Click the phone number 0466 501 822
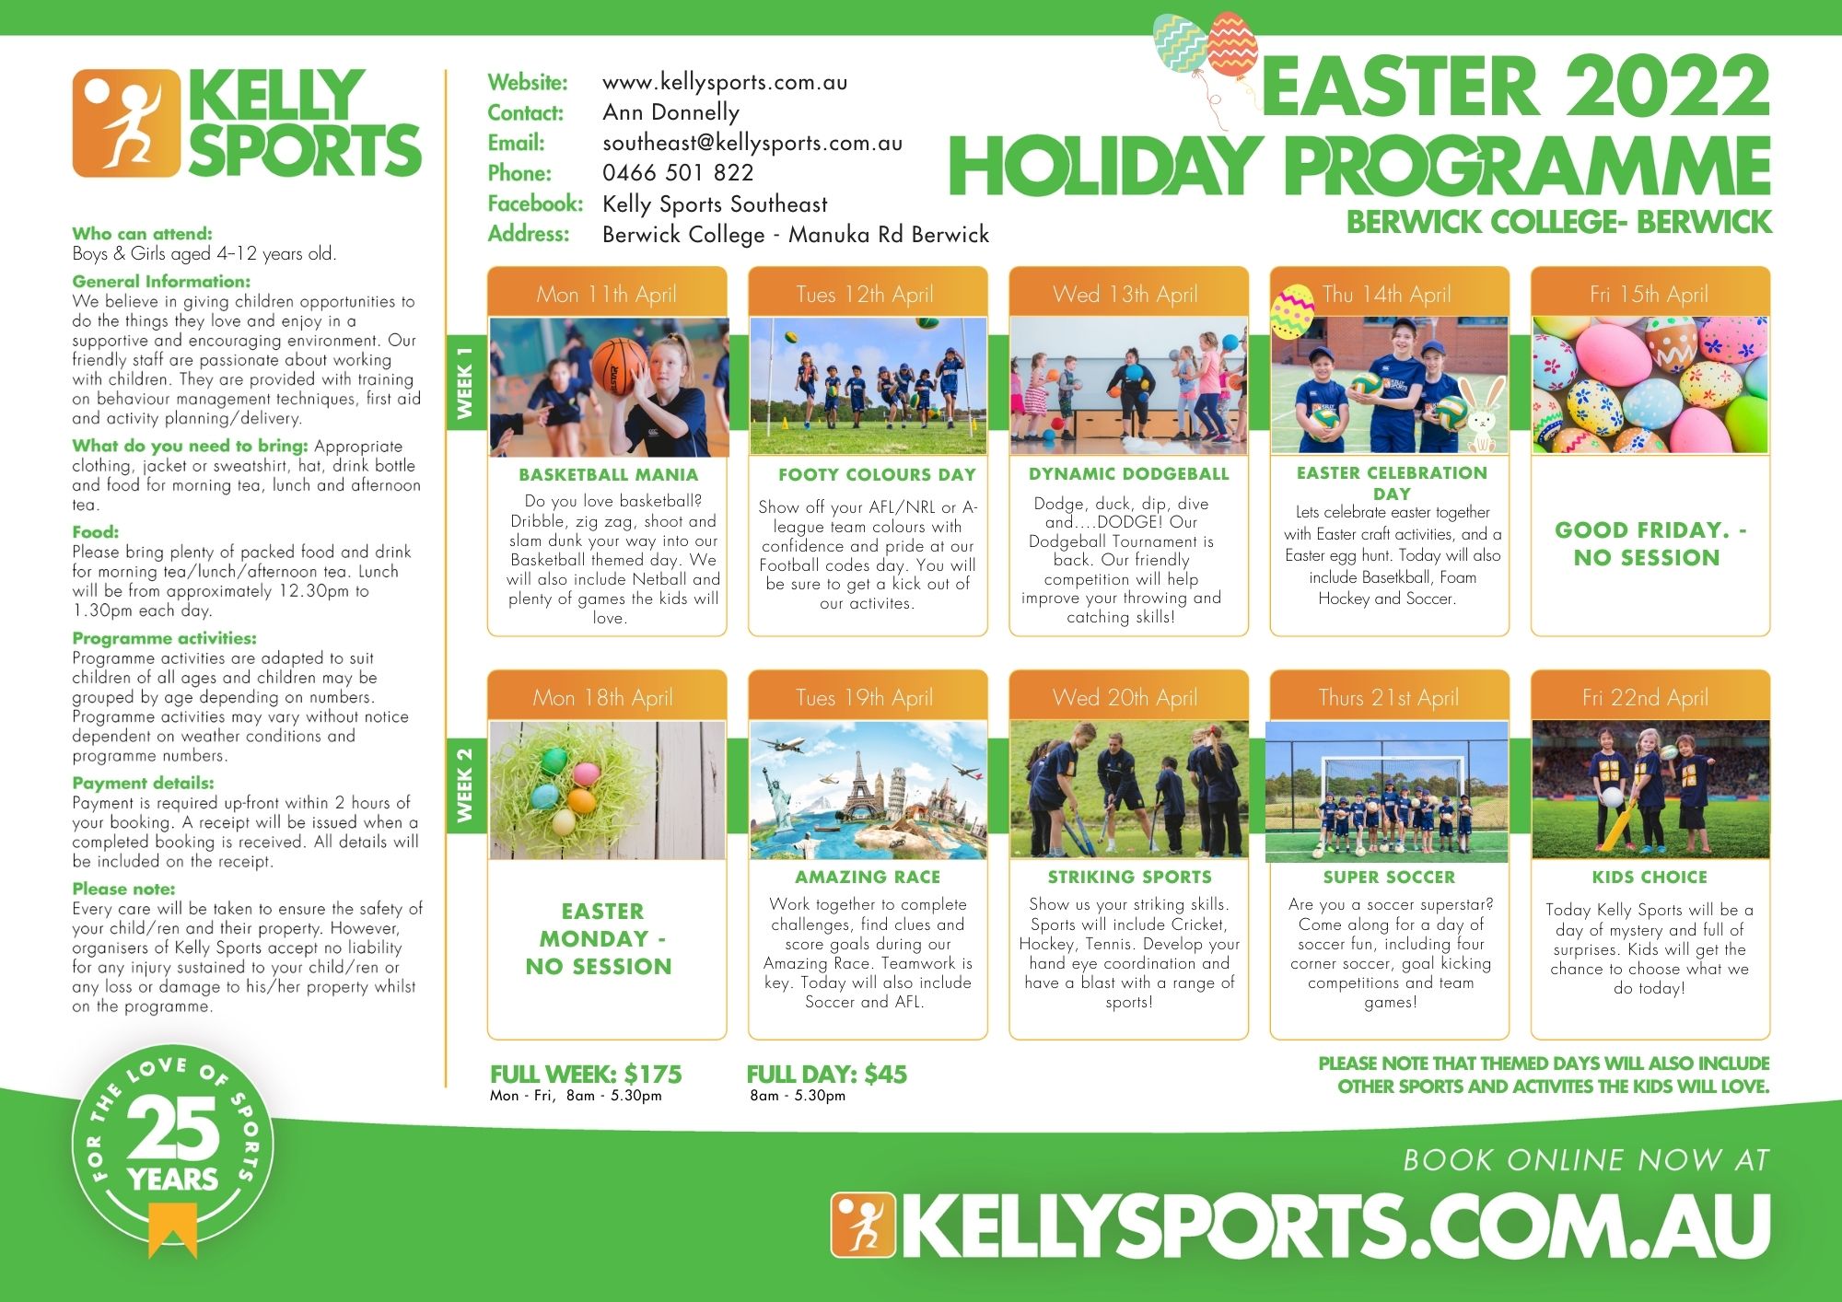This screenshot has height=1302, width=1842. (678, 173)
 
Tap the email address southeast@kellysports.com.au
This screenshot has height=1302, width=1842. (752, 143)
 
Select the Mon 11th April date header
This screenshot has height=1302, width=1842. (606, 295)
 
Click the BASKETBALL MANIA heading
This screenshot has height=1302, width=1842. (608, 475)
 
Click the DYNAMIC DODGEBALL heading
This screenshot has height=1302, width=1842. (1129, 474)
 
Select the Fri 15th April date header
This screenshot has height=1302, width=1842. (1649, 295)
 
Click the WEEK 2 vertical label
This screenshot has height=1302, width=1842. (465, 785)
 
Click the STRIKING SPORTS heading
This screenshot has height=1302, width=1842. (1129, 878)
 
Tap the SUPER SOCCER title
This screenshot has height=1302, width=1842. (1390, 878)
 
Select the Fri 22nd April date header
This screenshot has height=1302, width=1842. (1645, 698)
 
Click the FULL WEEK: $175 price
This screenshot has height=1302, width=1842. (586, 1075)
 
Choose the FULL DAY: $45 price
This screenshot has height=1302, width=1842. (827, 1075)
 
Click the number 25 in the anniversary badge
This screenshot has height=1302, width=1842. (173, 1130)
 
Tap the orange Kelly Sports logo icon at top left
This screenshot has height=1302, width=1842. (126, 123)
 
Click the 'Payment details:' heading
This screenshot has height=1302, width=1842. (143, 783)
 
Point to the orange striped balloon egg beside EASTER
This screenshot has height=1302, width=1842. (1232, 44)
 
